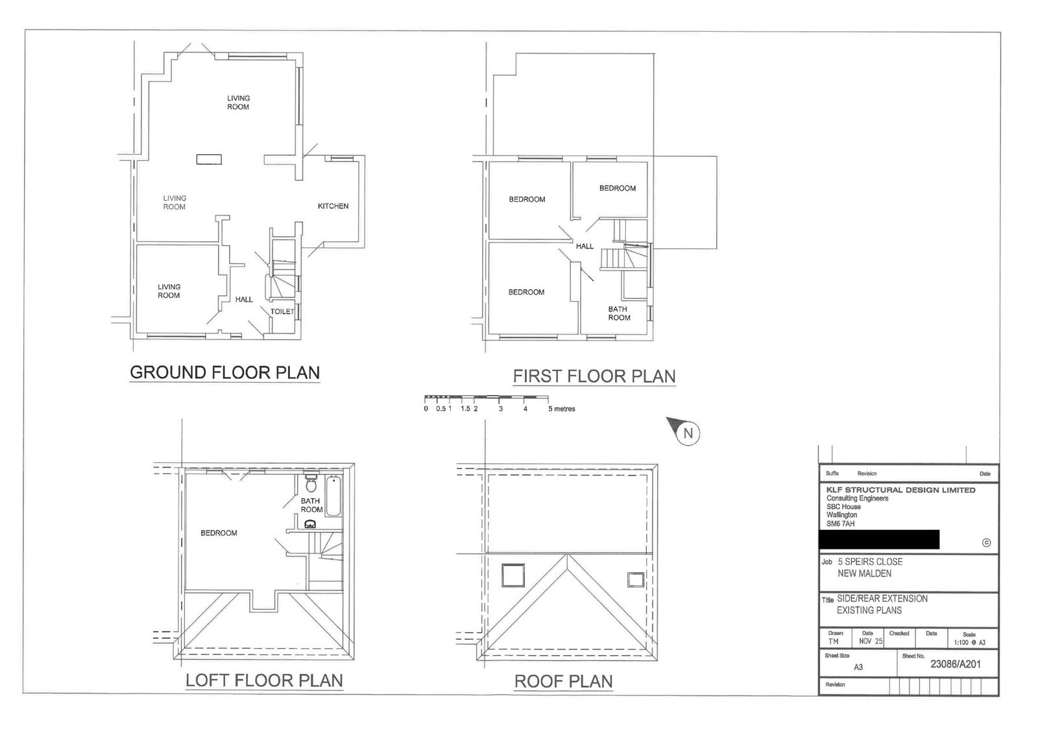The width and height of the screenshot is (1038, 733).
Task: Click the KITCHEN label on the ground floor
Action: pyautogui.click(x=333, y=206)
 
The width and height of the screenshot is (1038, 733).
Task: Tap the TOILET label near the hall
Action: pyautogui.click(x=282, y=311)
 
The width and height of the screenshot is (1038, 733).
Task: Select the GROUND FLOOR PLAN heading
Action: pyautogui.click(x=224, y=372)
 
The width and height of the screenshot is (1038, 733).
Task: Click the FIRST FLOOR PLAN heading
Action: pyautogui.click(x=594, y=376)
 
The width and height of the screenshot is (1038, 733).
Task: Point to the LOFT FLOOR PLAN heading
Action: pyautogui.click(x=264, y=680)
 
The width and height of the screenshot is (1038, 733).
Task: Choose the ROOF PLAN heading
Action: pyautogui.click(x=564, y=681)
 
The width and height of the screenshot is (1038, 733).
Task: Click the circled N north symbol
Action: pyautogui.click(x=688, y=434)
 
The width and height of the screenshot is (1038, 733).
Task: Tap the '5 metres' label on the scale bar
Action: pyautogui.click(x=562, y=409)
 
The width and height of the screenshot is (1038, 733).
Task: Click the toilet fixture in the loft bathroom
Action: pyautogui.click(x=311, y=483)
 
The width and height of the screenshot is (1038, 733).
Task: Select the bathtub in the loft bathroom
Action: pyautogui.click(x=333, y=496)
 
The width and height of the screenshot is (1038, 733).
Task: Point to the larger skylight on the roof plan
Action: pyautogui.click(x=513, y=575)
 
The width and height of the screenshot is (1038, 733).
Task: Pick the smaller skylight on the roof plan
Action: pyautogui.click(x=636, y=580)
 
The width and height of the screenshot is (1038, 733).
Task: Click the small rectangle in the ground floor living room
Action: pyautogui.click(x=209, y=160)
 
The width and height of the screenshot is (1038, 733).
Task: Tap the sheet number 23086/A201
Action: pyautogui.click(x=956, y=664)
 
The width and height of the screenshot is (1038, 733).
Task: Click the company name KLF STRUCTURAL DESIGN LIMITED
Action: pyautogui.click(x=901, y=490)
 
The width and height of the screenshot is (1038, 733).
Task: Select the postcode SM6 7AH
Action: pyautogui.click(x=841, y=523)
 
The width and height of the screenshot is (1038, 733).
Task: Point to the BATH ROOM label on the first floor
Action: pyautogui.click(x=619, y=313)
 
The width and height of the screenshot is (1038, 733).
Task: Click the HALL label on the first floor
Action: pyautogui.click(x=585, y=246)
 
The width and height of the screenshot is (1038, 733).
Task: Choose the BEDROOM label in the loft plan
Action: pyautogui.click(x=219, y=533)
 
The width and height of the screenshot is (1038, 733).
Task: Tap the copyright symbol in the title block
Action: pyautogui.click(x=986, y=542)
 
